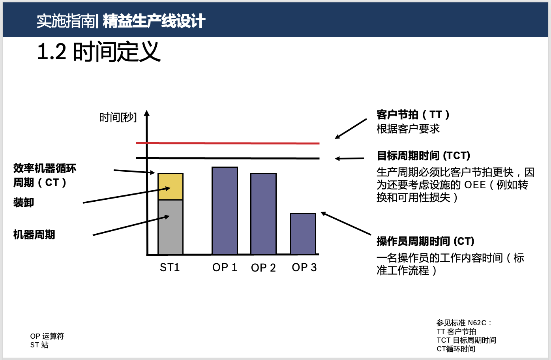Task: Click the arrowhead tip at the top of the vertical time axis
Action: click(147, 111)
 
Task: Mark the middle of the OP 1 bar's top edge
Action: click(225, 167)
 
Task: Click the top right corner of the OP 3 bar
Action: click(316, 213)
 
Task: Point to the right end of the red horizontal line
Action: click(319, 143)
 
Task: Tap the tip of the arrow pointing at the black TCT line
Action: click(335, 159)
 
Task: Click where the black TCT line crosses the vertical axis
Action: click(147, 158)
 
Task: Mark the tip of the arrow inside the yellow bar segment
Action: click(170, 188)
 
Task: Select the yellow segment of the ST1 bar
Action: click(171, 187)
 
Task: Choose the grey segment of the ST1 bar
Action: click(171, 227)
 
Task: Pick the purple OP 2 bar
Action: click(263, 214)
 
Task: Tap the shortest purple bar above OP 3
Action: click(303, 234)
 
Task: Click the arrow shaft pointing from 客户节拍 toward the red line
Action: click(351, 129)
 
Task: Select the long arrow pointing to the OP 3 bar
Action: click(346, 223)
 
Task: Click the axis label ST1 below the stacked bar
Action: click(170, 268)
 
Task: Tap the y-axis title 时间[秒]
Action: click(118, 117)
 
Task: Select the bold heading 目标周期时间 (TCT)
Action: click(424, 156)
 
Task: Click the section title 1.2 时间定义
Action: click(99, 51)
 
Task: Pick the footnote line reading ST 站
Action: click(39, 345)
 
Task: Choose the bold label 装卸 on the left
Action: click(24, 202)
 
